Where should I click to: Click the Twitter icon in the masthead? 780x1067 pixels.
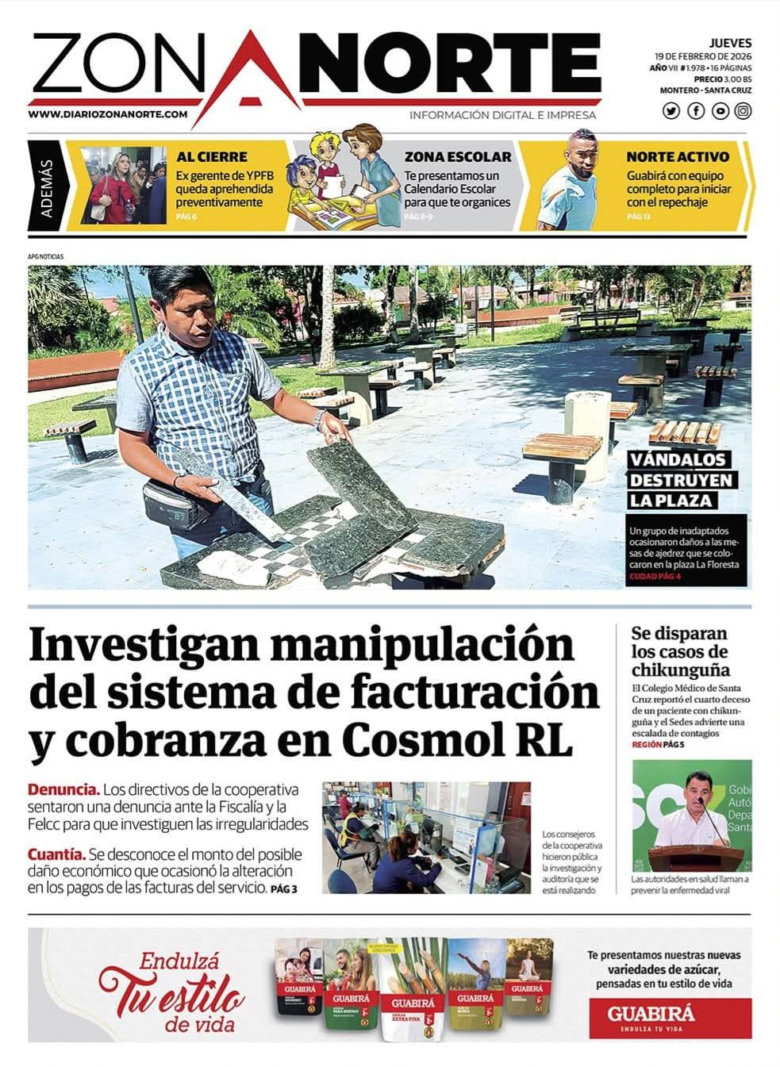coord(671,111)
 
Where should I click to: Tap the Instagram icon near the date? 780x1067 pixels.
coord(743,111)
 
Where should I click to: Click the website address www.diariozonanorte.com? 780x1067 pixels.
coord(108,114)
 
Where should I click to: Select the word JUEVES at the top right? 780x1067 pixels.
coord(730,43)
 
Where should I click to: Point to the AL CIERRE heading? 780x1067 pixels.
coord(211,157)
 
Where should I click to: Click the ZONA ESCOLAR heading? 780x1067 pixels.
coord(458,157)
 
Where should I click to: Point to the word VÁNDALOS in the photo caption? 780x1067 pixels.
coord(678,459)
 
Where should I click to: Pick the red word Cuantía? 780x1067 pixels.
coord(56,854)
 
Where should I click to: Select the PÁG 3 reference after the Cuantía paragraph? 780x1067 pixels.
coord(283,889)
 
